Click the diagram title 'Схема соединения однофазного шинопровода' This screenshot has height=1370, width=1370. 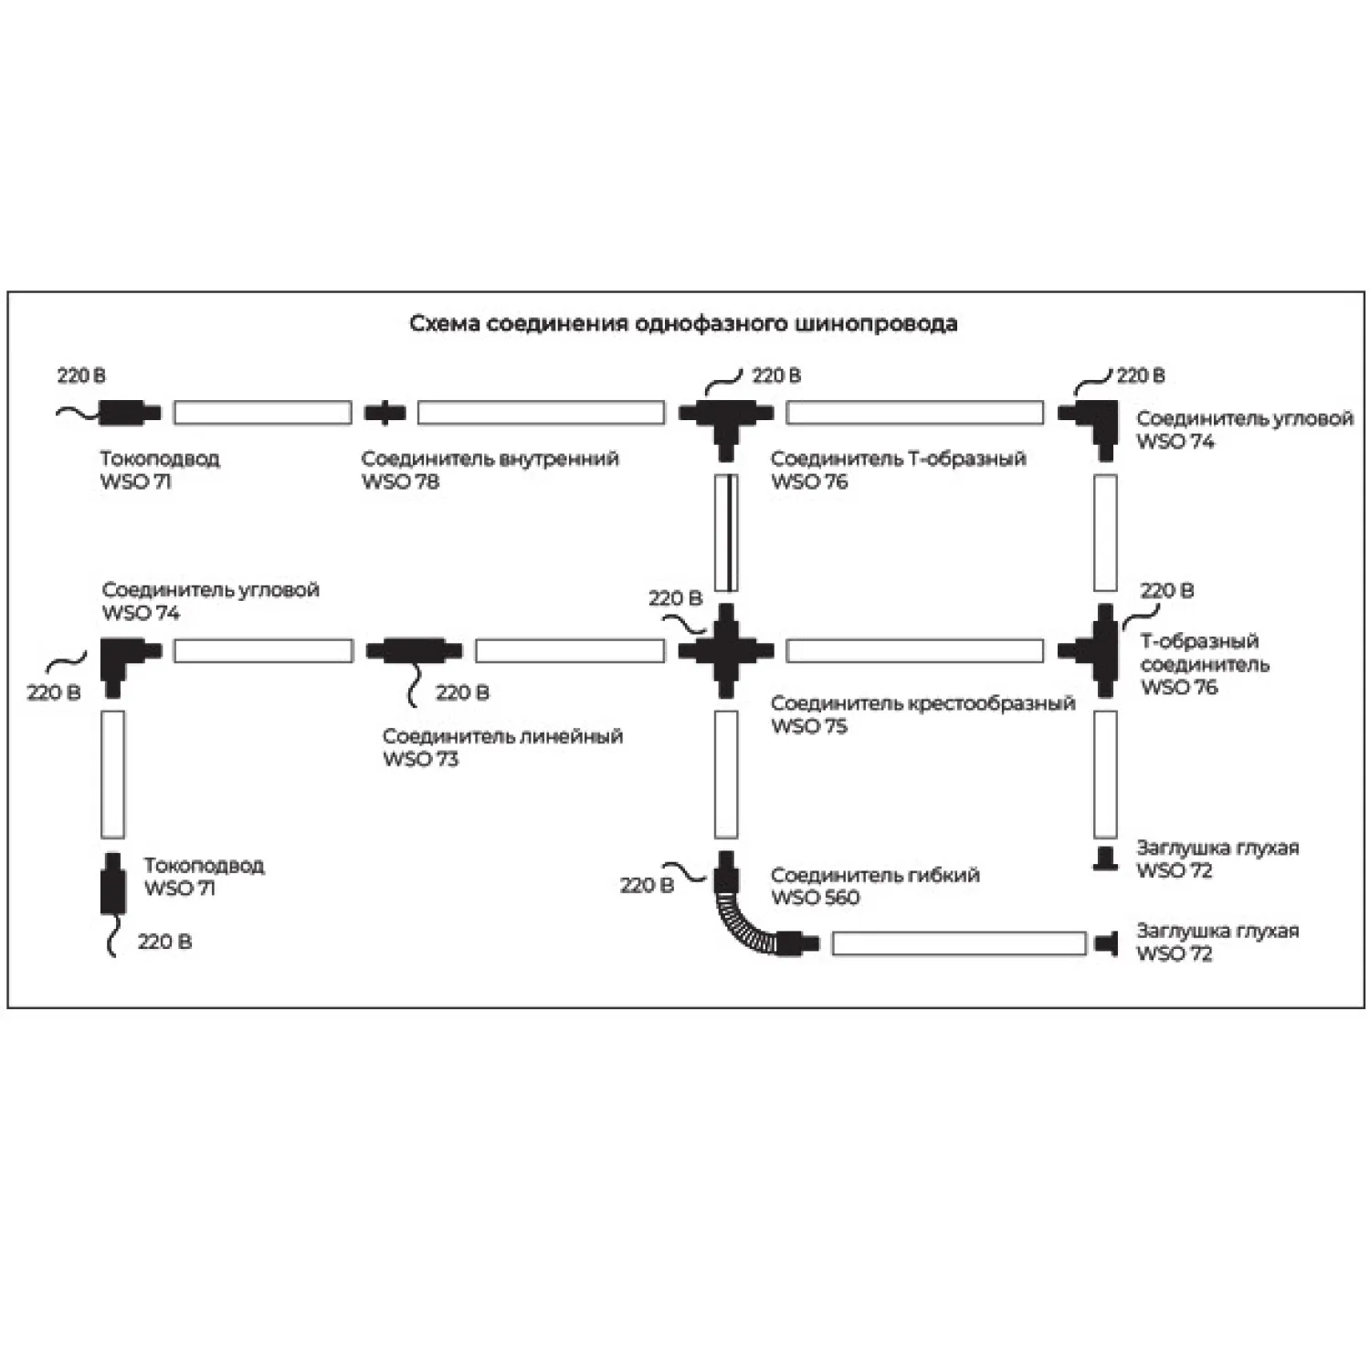683,323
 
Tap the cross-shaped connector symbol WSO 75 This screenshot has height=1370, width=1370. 726,650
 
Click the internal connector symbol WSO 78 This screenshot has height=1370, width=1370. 385,412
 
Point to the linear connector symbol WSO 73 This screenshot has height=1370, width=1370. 414,651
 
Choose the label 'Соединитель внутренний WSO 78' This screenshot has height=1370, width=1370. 490,469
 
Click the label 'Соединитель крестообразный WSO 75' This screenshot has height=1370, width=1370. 922,714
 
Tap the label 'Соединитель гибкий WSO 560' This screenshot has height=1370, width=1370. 874,886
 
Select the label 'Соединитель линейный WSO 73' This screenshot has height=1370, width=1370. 502,747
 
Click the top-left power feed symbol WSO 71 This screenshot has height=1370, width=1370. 129,412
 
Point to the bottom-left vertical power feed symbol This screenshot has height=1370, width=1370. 112,884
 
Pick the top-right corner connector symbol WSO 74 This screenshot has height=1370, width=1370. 1095,423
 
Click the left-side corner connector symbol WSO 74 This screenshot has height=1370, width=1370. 123,659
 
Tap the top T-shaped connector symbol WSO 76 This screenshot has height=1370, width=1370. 726,422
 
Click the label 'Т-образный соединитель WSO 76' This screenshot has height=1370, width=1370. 1204,664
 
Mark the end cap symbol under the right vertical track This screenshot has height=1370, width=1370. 1105,859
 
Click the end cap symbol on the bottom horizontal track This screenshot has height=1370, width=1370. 1107,943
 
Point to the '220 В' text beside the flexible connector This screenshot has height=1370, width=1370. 647,885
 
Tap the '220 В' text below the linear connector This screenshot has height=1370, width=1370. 462,692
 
